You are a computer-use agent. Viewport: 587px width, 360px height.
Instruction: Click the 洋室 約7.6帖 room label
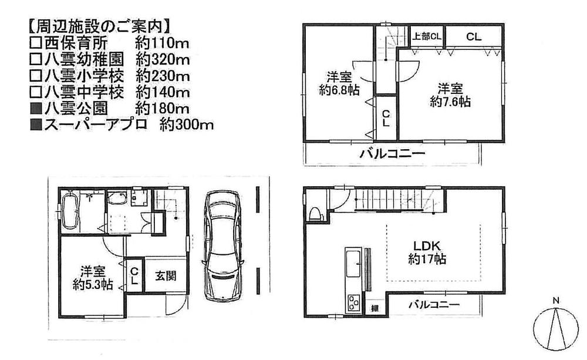[450, 95]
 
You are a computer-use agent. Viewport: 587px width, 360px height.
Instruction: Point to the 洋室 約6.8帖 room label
[340, 83]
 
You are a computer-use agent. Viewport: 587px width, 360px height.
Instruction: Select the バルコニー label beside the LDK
[433, 305]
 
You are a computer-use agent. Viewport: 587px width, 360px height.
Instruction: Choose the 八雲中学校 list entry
[77, 92]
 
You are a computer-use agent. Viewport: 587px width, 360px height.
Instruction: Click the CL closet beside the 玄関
[134, 275]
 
